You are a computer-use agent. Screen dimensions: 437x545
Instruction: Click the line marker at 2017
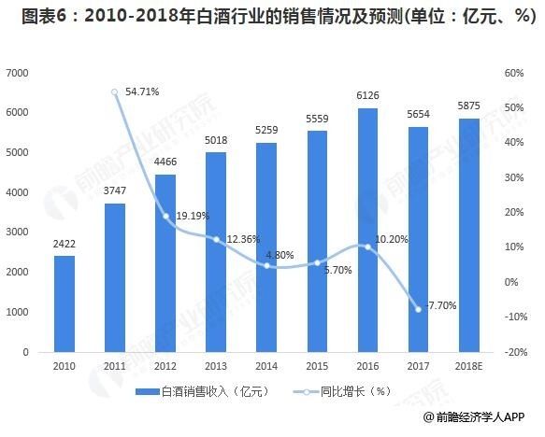click(419, 309)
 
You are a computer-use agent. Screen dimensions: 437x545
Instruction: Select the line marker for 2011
click(115, 92)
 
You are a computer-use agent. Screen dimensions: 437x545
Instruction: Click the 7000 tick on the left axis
click(18, 73)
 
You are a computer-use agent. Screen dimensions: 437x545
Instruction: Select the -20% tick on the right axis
click(514, 352)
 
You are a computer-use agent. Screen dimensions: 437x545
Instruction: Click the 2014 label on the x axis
click(266, 366)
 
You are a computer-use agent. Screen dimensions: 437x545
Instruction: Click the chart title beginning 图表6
click(272, 15)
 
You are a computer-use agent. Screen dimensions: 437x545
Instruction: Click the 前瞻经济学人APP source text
click(486, 418)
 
